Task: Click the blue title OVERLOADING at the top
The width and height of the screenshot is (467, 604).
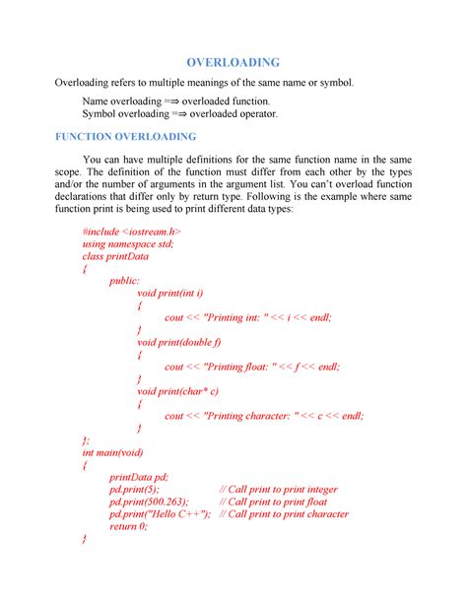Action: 233,62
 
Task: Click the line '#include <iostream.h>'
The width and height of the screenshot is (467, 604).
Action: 132,231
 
